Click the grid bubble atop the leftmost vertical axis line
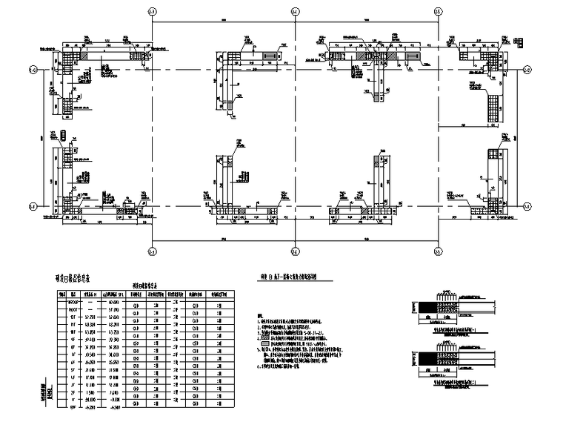pos(152,12)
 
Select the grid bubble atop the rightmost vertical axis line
pos(437,12)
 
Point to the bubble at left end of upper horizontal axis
pos(33,70)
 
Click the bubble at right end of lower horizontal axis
pos(527,205)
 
